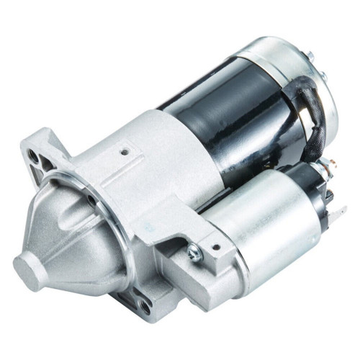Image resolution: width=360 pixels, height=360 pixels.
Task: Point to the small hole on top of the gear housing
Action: coord(126,152)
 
